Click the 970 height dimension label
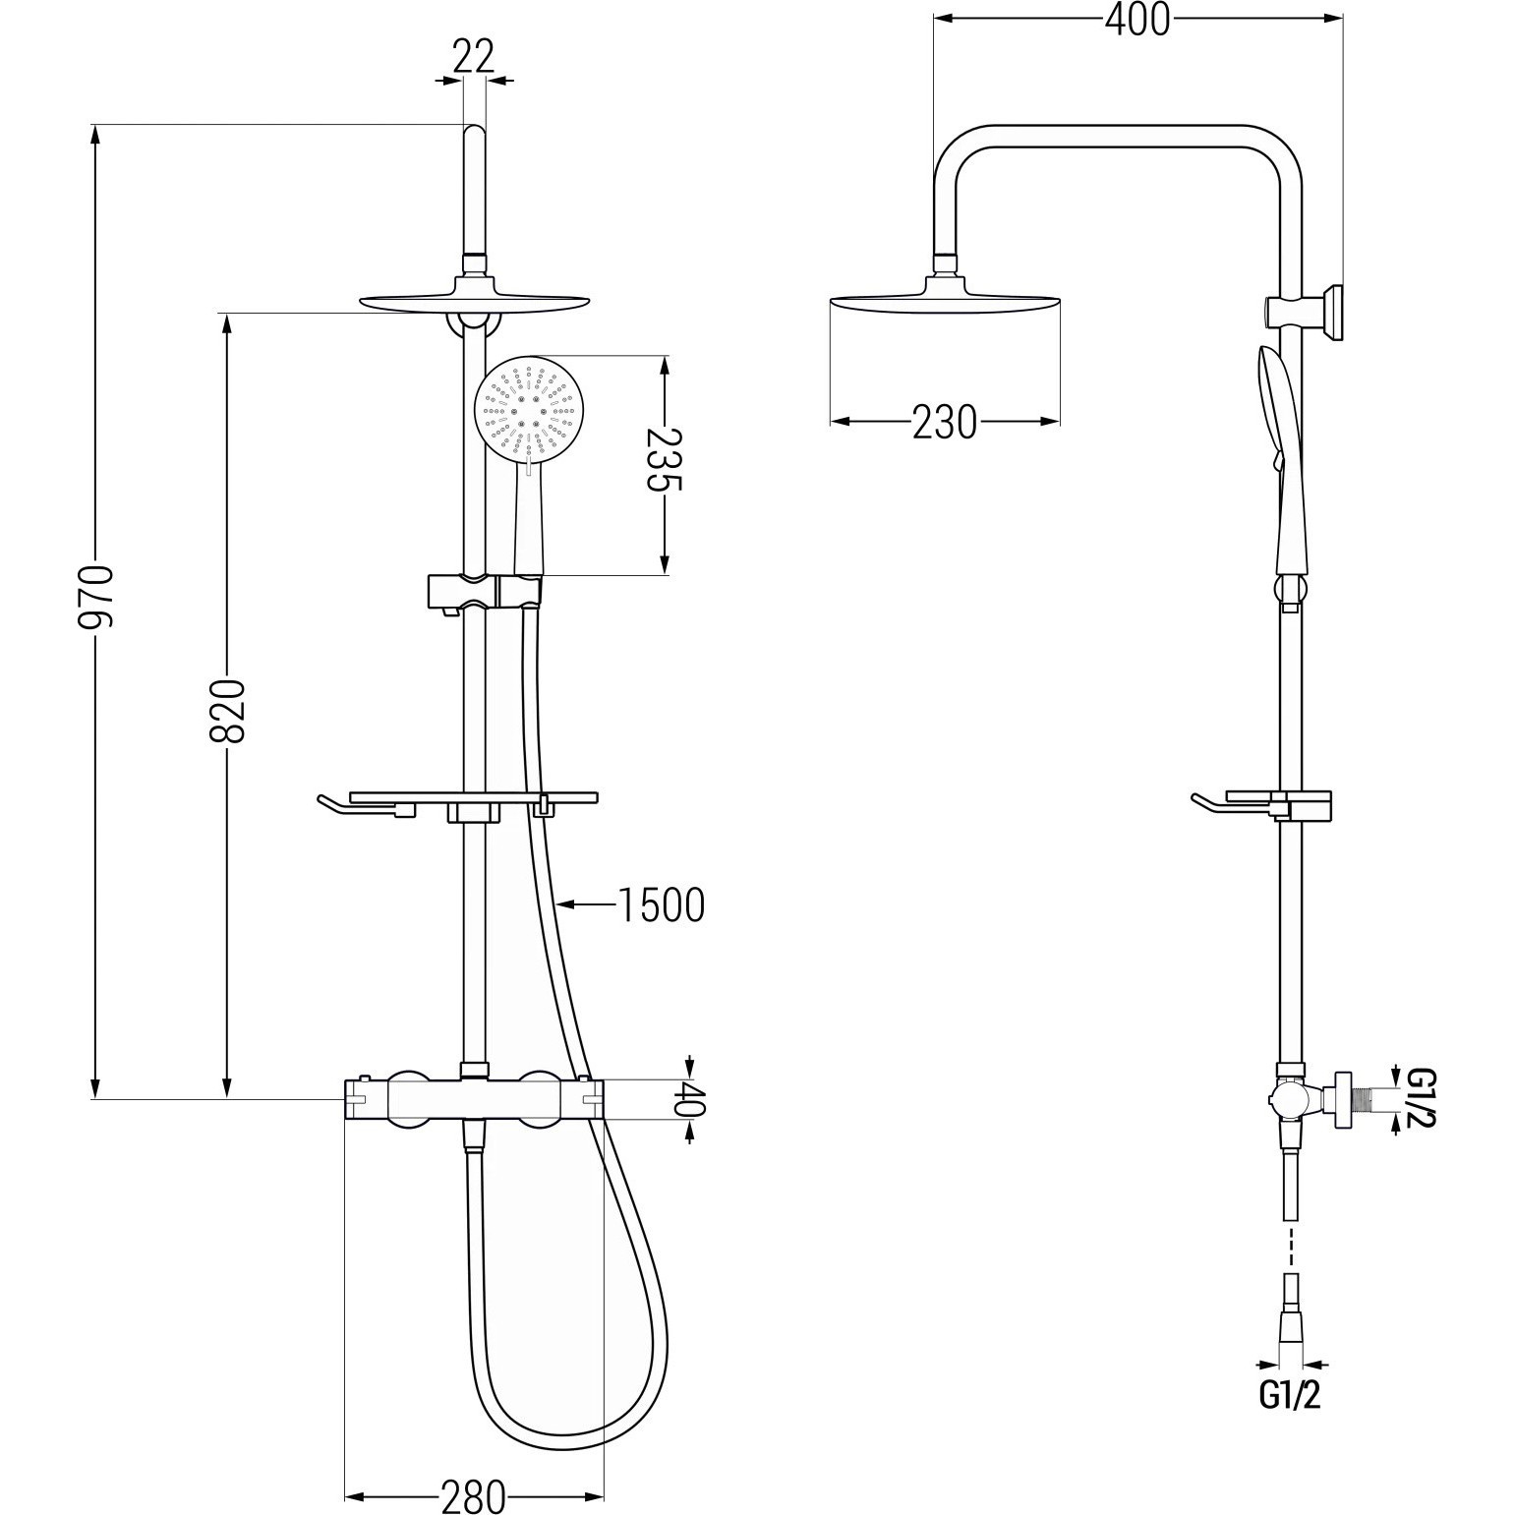(98, 597)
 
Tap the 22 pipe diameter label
(473, 57)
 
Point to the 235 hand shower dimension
(665, 458)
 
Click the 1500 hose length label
(661, 905)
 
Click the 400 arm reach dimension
(1137, 20)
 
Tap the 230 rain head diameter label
(945, 422)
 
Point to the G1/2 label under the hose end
(1290, 1395)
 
